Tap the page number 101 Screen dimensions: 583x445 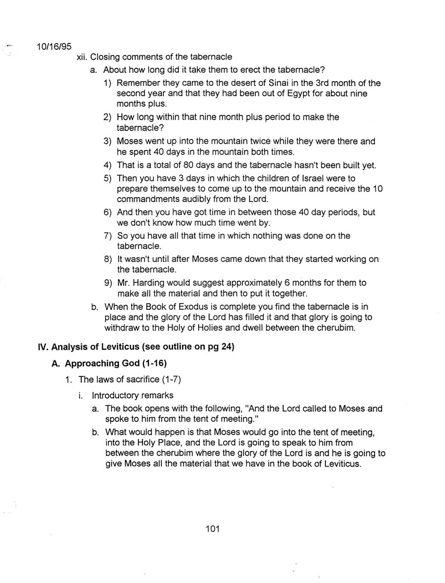213,529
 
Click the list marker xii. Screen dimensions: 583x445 81,57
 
